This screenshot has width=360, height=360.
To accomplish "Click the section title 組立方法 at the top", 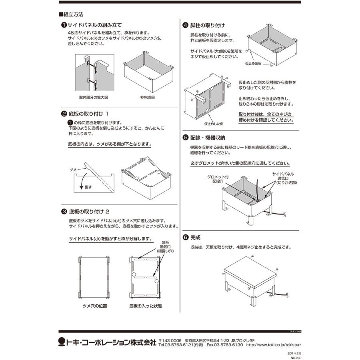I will tap(72, 14).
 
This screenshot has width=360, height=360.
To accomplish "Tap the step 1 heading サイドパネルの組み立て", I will tap(94, 25).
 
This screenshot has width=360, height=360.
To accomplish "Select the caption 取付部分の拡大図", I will tap(94, 97).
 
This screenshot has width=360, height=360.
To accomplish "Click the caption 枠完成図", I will tap(147, 97).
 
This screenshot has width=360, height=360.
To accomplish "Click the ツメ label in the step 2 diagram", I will tap(73, 170).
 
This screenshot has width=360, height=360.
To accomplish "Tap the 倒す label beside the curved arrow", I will tap(88, 187).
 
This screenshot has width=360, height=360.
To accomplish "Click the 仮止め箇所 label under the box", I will tap(253, 63).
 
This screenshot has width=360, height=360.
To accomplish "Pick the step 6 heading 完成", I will tap(196, 237).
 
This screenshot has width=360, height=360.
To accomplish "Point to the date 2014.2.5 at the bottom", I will tap(294, 354).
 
